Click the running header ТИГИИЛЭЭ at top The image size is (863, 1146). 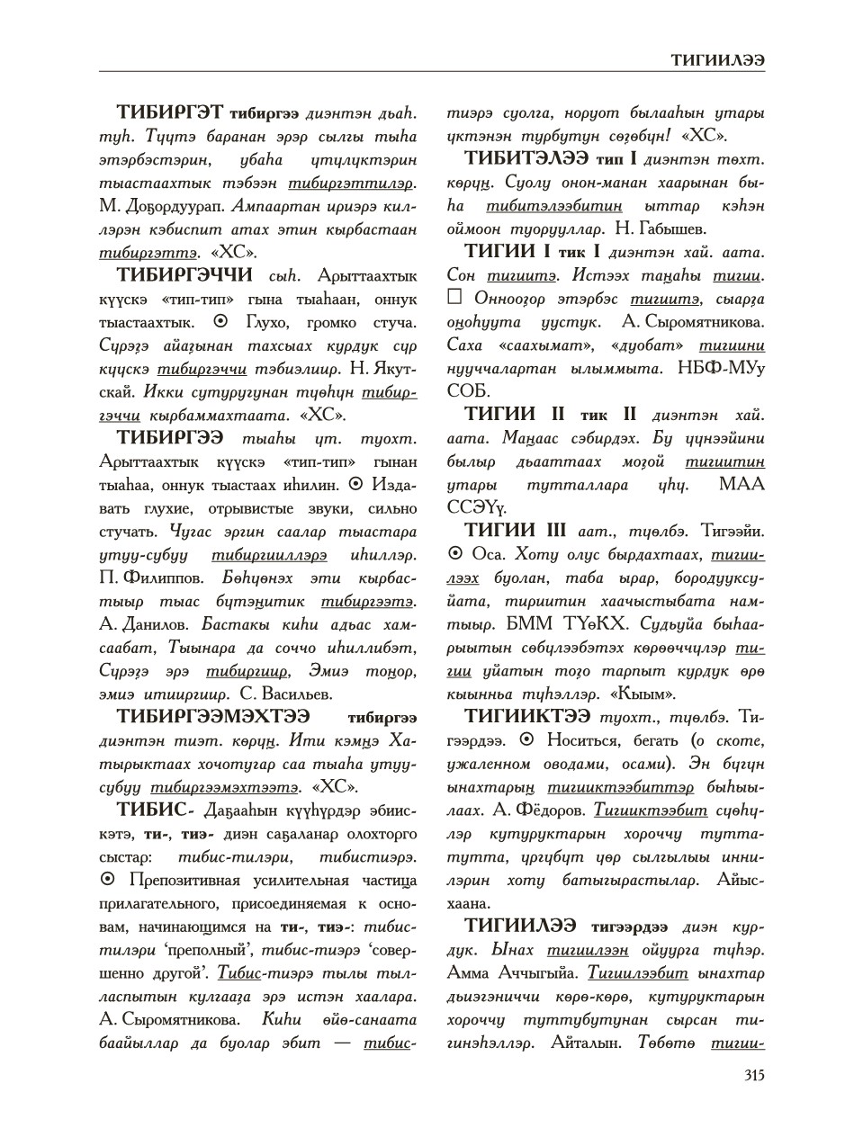tap(717, 58)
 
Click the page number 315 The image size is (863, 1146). tap(753, 1075)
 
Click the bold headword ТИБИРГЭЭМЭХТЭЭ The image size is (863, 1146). tap(213, 717)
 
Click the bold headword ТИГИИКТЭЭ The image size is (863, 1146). tap(527, 717)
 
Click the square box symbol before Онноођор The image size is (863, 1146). tap(455, 299)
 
